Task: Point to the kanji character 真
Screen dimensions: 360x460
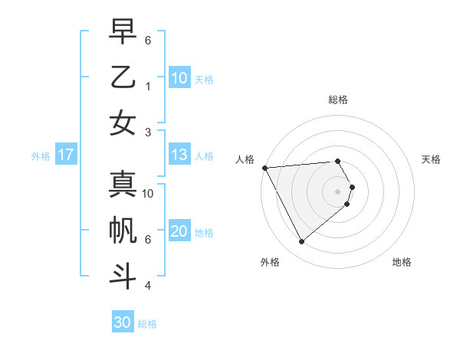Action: [123, 184]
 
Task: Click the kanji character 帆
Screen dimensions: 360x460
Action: [123, 230]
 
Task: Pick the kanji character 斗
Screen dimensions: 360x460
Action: [123, 276]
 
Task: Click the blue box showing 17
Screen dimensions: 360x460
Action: [66, 155]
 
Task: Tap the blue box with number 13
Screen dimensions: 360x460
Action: [179, 155]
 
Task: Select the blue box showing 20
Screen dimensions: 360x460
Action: [179, 232]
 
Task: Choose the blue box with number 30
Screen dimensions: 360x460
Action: [122, 322]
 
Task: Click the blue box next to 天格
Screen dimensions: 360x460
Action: [179, 78]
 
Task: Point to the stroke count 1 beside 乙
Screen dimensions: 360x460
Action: [148, 86]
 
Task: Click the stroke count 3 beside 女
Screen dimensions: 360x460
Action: [148, 132]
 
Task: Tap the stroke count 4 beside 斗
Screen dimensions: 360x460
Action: [148, 286]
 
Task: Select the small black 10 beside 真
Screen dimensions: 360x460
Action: [148, 194]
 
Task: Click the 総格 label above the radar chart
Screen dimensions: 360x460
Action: [337, 100]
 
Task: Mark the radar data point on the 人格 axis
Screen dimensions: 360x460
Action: [264, 167]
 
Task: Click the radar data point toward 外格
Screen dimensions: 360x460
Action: [301, 242]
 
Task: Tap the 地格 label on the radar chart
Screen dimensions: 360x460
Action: [402, 263]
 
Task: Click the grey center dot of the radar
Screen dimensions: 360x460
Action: [337, 191]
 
